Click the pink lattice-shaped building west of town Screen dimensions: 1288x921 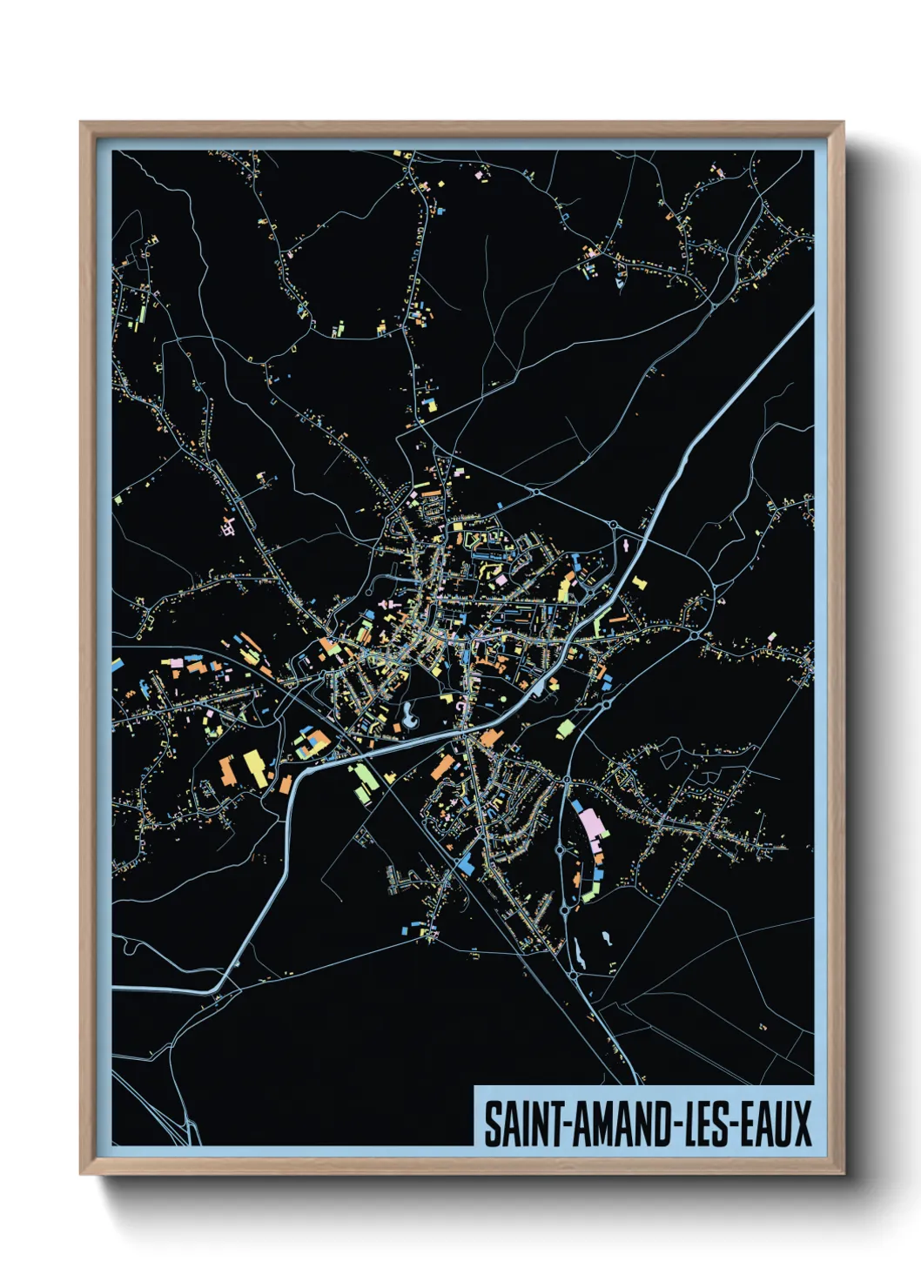click(x=229, y=526)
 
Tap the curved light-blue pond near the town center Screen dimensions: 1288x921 click(x=407, y=719)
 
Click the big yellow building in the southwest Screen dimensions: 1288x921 click(x=253, y=766)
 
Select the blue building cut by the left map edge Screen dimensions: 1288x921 click(x=117, y=666)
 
